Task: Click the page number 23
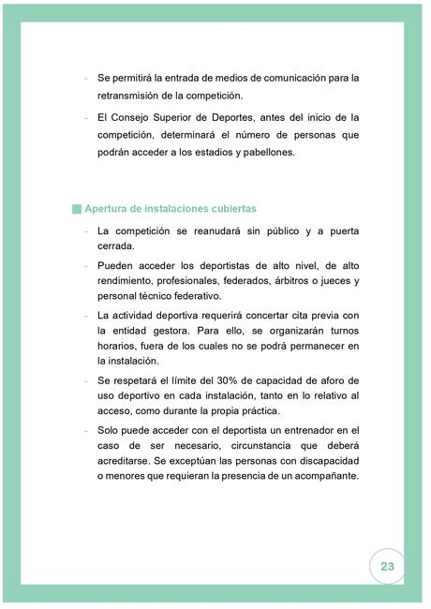click(387, 566)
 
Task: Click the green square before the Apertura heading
click(77, 208)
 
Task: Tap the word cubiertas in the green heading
click(230, 208)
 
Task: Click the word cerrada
click(117, 247)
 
